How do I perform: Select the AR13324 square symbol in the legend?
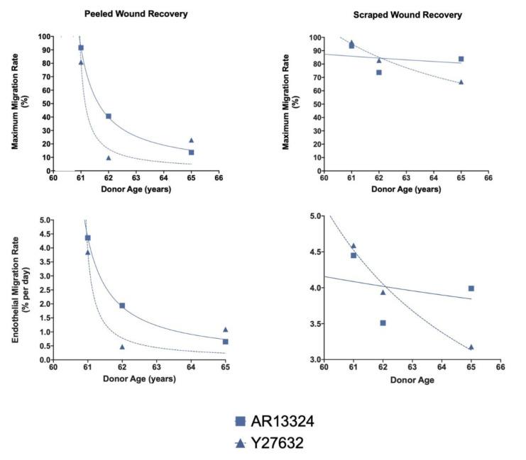[240, 421]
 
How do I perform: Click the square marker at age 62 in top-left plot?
[109, 116]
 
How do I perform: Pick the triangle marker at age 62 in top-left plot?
[109, 157]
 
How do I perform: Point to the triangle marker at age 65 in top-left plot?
[191, 140]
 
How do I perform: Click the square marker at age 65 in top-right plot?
[461, 59]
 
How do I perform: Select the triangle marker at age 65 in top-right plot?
[461, 82]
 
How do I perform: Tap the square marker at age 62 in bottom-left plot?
[122, 305]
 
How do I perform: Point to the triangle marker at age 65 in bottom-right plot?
[471, 347]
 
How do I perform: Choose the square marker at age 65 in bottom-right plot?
[471, 288]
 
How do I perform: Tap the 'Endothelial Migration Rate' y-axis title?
[21, 291]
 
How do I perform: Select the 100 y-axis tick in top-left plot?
[43, 37]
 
